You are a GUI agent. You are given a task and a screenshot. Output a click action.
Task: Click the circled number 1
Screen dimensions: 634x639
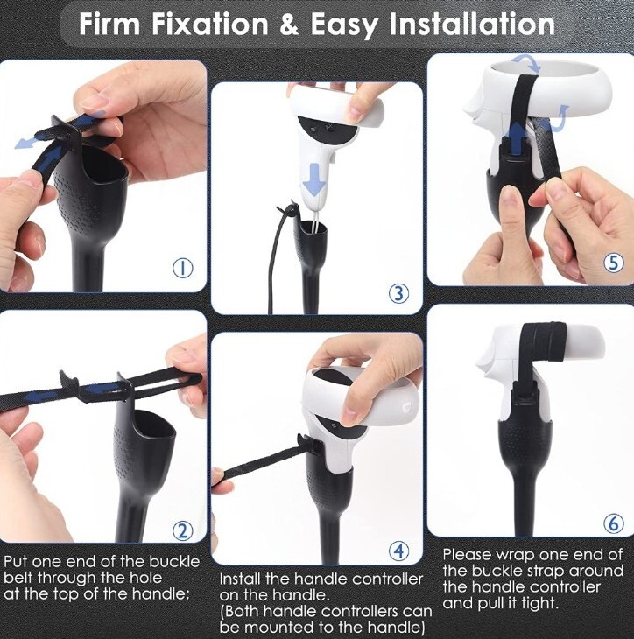pos(183,268)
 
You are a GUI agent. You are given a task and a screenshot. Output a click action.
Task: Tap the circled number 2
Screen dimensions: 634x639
pos(182,530)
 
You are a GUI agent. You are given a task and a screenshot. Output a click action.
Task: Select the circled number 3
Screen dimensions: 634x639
pos(398,293)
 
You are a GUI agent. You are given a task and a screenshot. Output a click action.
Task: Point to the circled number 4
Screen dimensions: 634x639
pos(398,551)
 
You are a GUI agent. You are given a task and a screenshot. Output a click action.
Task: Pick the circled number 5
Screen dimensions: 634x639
pos(614,263)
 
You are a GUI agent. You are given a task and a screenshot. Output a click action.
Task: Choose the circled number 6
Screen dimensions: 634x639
pos(614,523)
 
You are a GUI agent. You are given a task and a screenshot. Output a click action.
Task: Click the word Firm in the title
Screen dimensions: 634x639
pos(109,24)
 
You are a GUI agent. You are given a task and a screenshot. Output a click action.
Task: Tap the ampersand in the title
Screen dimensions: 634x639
pos(290,25)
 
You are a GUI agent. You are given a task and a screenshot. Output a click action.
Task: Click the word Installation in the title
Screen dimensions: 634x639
pos(472,24)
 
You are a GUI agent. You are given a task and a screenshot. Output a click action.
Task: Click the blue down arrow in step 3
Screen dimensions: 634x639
pos(314,178)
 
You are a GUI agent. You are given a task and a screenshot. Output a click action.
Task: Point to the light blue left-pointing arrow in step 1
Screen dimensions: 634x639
pos(32,141)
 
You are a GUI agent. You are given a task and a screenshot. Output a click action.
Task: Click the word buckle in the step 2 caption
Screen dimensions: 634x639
pos(174,562)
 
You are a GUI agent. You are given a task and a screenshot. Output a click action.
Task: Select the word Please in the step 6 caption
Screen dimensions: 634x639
pos(468,555)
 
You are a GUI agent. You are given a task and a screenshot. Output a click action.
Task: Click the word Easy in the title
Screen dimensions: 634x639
pos(344,25)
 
